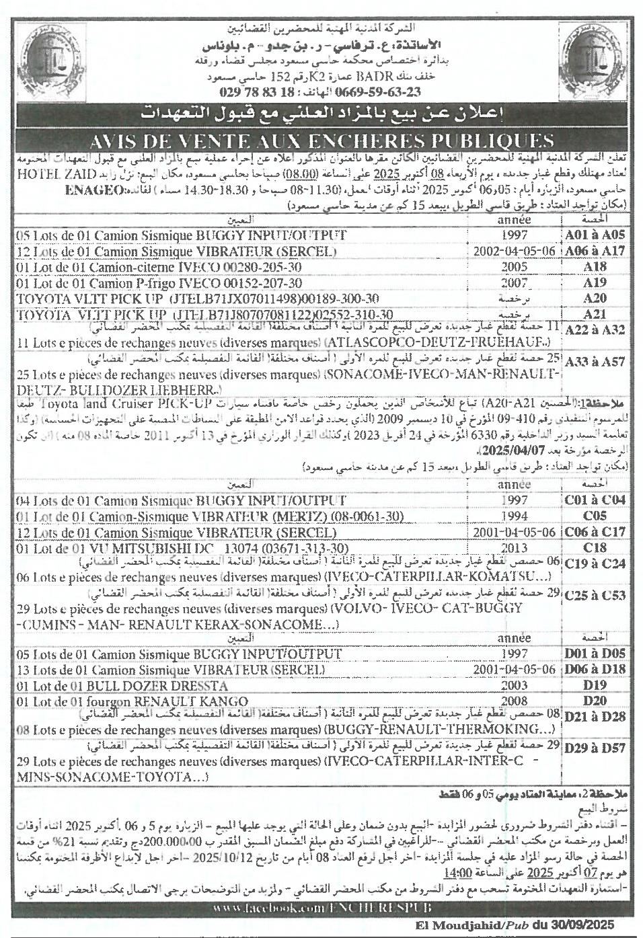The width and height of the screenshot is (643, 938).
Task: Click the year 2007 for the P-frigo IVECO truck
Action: coord(515,283)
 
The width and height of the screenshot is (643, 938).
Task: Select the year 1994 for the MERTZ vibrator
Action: coord(515,516)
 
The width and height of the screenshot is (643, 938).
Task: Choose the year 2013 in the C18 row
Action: coord(515,547)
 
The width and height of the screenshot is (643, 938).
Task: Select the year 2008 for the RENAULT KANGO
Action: coord(515,701)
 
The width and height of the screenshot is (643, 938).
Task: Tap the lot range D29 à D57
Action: coord(595,748)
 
